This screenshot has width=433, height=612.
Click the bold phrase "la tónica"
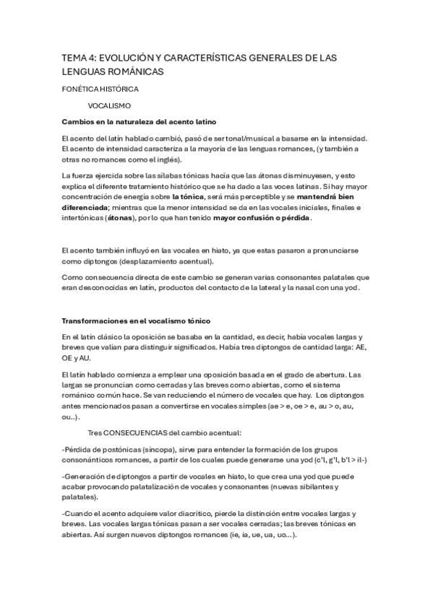click(189, 196)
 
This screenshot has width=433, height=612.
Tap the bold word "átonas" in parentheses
click(120, 217)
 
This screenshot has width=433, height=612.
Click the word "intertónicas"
click(82, 217)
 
